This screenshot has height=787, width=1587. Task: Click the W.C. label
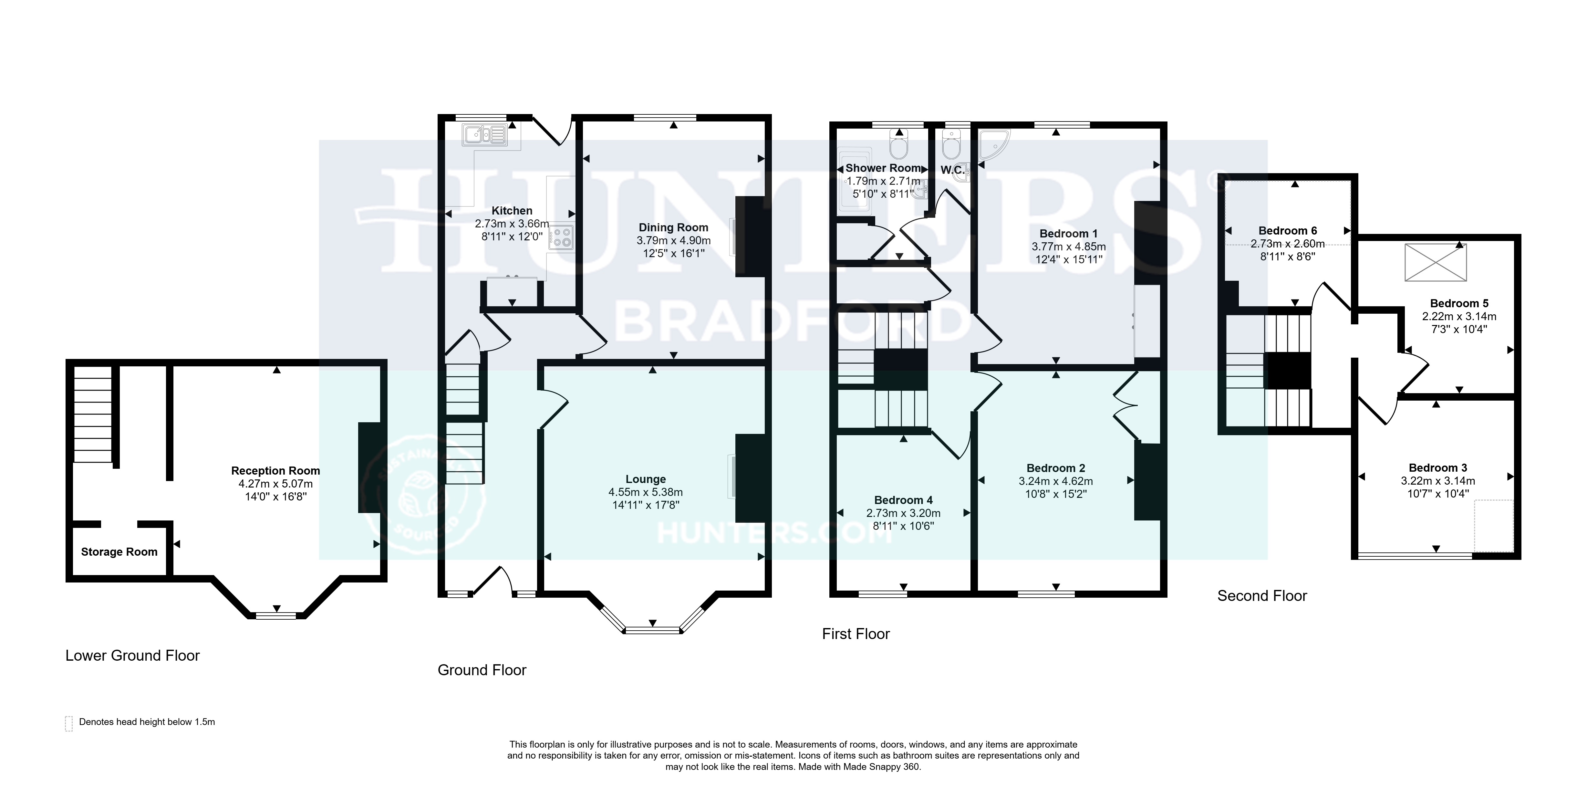[x=952, y=170]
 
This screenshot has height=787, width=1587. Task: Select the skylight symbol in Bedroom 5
[x=1436, y=263]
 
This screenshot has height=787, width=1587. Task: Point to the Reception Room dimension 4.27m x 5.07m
[x=275, y=484]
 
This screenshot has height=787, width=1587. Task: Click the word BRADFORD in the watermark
[x=792, y=323]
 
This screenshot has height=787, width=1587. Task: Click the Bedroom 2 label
[x=1056, y=468]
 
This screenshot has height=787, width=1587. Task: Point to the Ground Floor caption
[x=482, y=670]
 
